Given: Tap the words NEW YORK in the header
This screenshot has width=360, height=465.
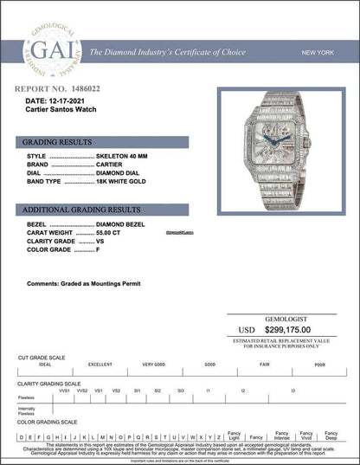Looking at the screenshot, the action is (318, 53).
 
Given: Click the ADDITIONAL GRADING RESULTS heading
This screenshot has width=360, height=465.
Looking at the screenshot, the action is (80, 210).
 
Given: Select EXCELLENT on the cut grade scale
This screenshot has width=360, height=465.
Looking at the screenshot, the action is (100, 365).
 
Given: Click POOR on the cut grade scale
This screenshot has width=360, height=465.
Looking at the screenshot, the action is (319, 365).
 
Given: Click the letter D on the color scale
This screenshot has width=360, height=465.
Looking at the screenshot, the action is (19, 436).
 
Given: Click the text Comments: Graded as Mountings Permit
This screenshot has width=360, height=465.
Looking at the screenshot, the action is (83, 284).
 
